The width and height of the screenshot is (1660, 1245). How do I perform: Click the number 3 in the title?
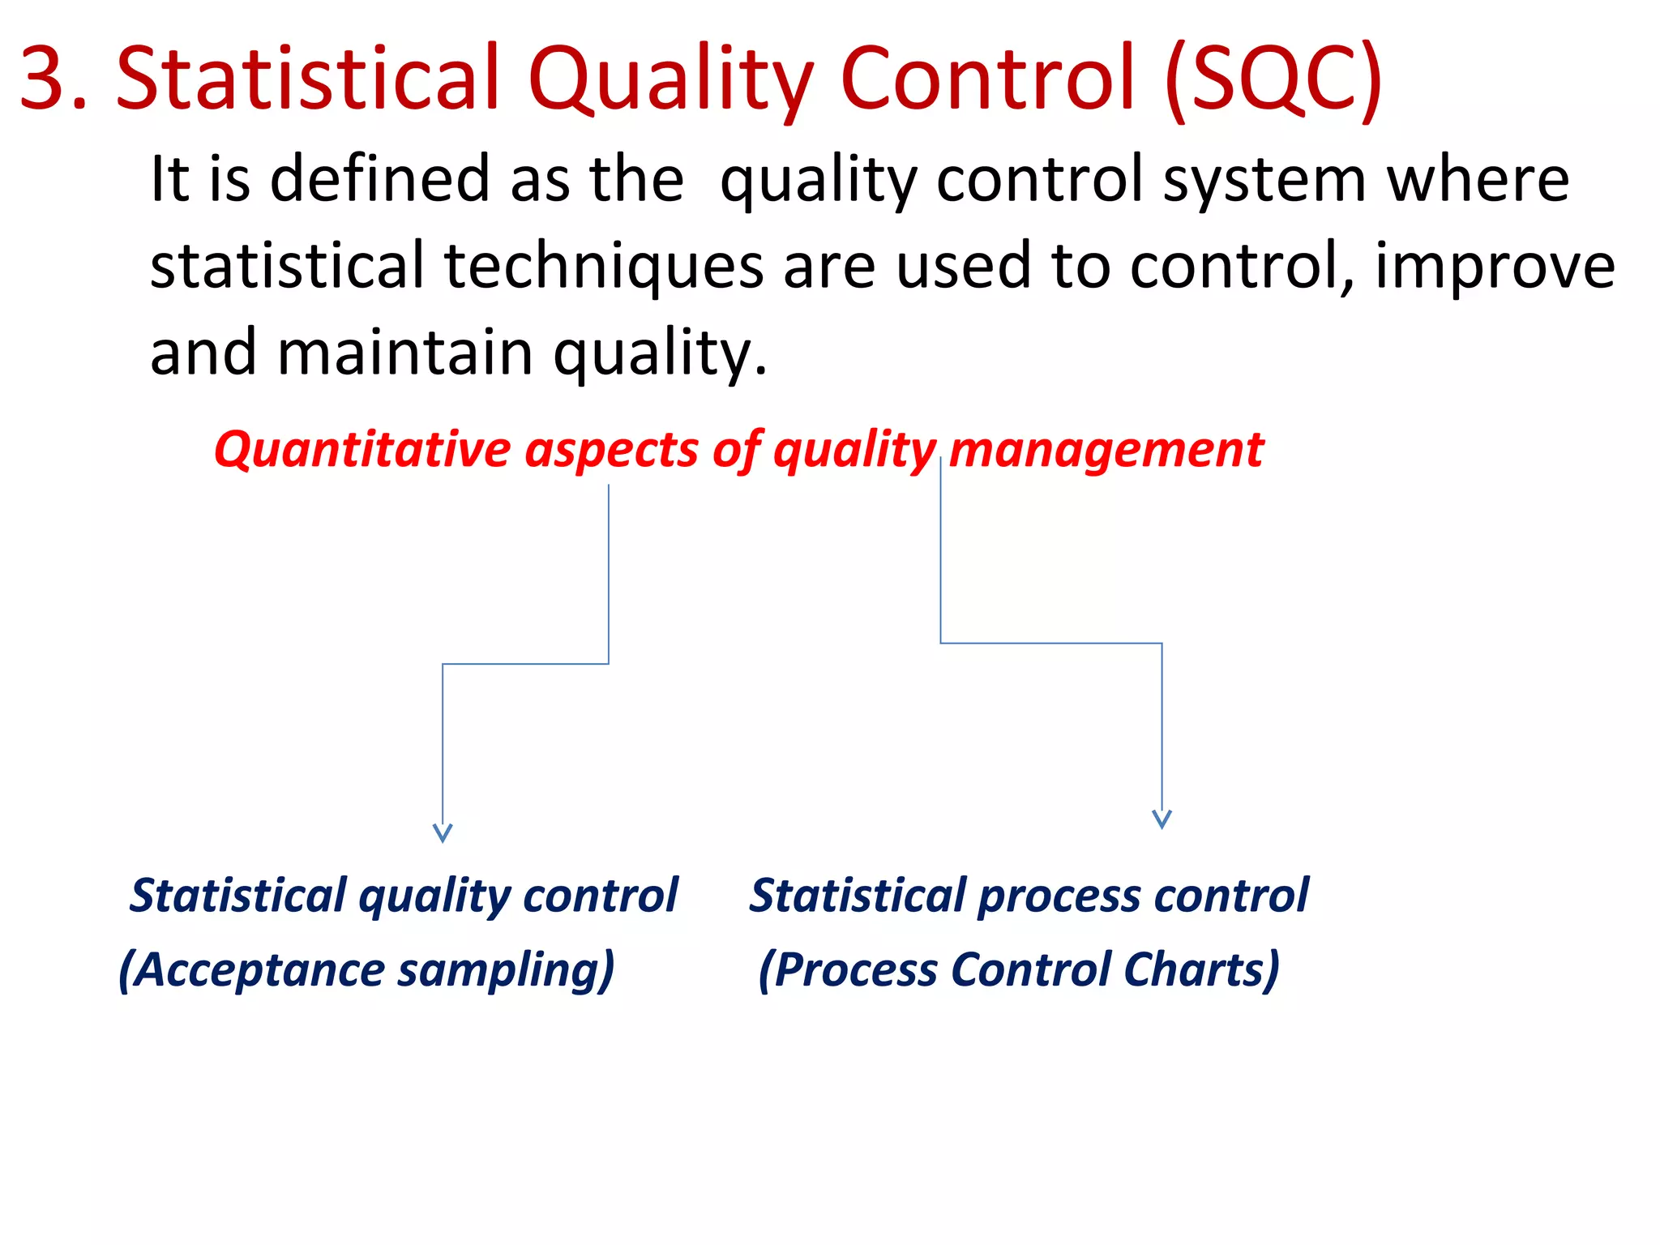[50, 79]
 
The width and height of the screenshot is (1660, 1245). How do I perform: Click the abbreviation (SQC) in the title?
[1273, 79]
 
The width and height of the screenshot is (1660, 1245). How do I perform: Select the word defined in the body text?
[379, 179]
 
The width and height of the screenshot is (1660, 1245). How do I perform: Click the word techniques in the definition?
[604, 267]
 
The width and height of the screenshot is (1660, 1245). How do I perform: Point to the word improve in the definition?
[1495, 267]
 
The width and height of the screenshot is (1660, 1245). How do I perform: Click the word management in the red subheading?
[1106, 451]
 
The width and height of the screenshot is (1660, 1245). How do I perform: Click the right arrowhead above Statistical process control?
[1162, 819]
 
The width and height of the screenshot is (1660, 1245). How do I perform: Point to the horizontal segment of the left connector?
[525, 664]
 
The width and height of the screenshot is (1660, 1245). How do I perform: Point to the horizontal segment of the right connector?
[1050, 644]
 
